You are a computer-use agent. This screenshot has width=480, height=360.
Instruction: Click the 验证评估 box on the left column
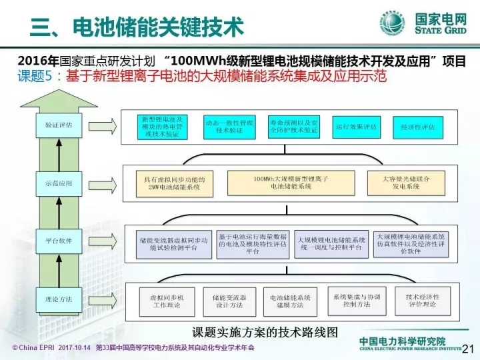(59, 125)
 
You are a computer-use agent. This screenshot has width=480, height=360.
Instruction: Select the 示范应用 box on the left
(59, 182)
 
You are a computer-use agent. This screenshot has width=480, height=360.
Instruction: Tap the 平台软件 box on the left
(59, 240)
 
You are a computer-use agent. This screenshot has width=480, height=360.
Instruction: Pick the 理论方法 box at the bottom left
(59, 299)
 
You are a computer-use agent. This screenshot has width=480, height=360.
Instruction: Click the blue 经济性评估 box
(418, 126)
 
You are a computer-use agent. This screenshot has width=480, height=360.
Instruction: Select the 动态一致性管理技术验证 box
(230, 126)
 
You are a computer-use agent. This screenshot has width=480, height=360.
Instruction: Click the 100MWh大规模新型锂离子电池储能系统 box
(291, 183)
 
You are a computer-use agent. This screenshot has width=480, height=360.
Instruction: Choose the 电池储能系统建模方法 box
(290, 300)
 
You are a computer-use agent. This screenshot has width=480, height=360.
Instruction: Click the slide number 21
(467, 347)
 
